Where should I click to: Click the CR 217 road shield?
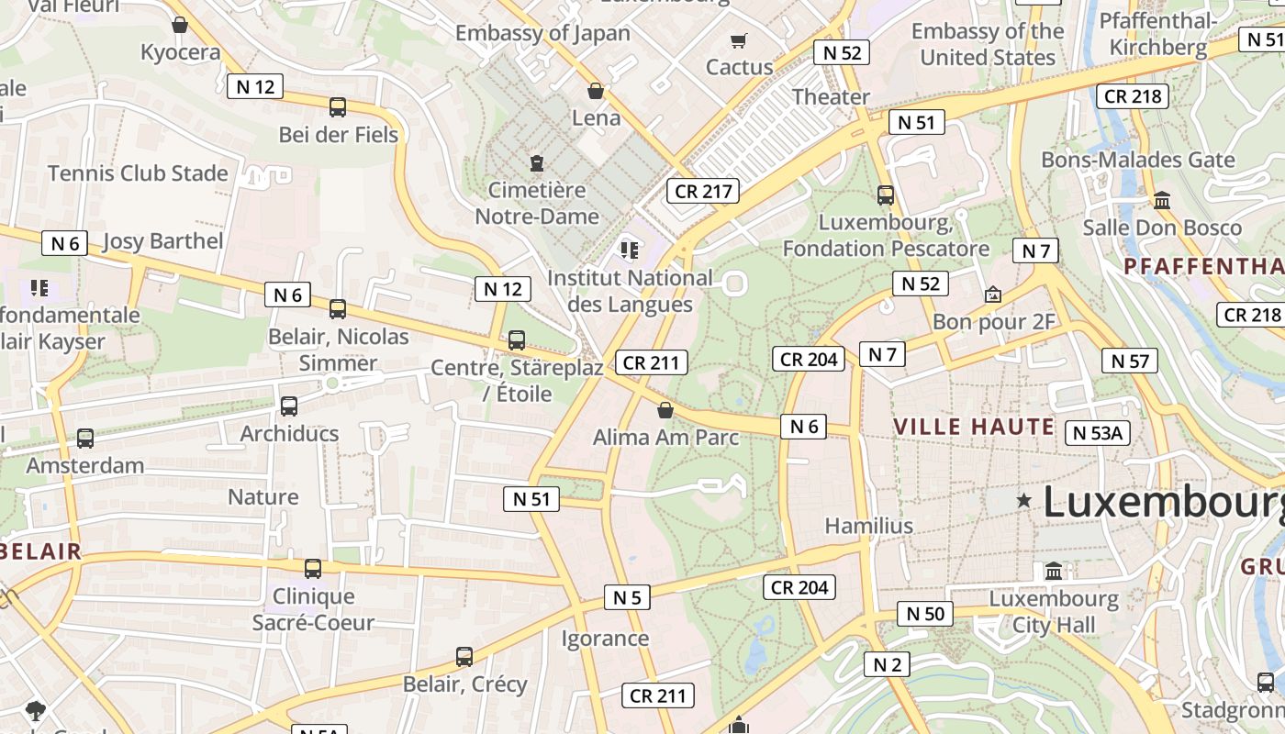(704, 191)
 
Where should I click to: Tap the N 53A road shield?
(1097, 433)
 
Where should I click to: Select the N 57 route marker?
(1129, 361)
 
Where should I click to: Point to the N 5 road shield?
(627, 597)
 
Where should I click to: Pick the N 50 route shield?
(924, 614)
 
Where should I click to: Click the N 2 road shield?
(887, 664)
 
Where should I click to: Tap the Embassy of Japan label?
(542, 33)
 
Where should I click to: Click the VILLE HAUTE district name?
(973, 427)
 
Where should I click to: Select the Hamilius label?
(868, 526)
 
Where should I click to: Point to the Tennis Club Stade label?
(138, 172)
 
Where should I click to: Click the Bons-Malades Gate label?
(1137, 160)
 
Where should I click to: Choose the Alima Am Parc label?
(665, 438)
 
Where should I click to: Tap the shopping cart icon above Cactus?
(738, 40)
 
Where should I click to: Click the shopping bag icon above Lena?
(596, 91)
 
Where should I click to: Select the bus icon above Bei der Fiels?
(338, 107)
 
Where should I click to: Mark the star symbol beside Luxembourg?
(1023, 501)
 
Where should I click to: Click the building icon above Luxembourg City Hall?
(1054, 572)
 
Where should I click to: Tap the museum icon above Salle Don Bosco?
(1162, 200)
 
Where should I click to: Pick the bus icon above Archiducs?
(289, 406)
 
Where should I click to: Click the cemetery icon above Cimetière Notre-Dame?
(536, 163)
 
